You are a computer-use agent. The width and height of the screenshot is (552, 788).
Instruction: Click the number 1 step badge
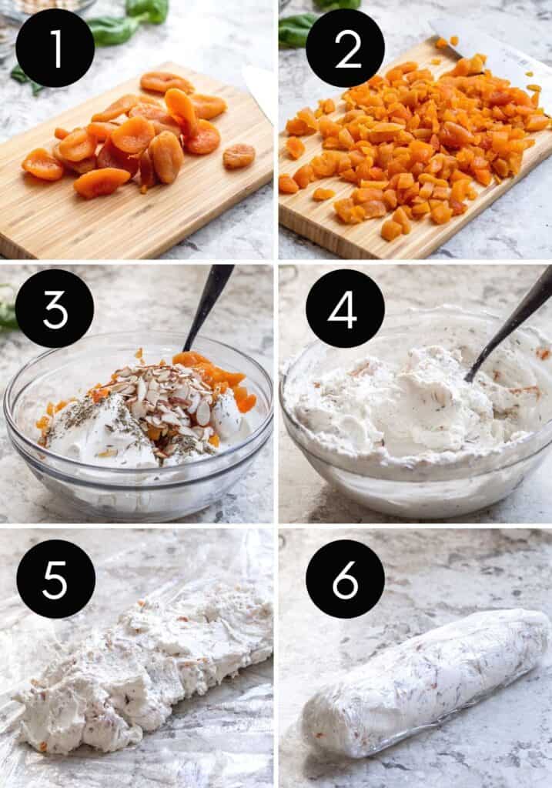point(55,48)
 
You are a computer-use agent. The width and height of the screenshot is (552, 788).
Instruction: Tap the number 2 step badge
point(346,48)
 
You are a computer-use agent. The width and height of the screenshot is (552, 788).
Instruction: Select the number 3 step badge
point(55,308)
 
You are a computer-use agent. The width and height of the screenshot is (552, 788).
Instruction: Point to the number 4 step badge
point(346,308)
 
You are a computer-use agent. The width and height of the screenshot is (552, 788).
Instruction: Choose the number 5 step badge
point(55,579)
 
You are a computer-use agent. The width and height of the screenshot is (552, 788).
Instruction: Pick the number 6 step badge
point(346,579)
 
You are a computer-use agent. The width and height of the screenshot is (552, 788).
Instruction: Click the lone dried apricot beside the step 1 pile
point(239,155)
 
